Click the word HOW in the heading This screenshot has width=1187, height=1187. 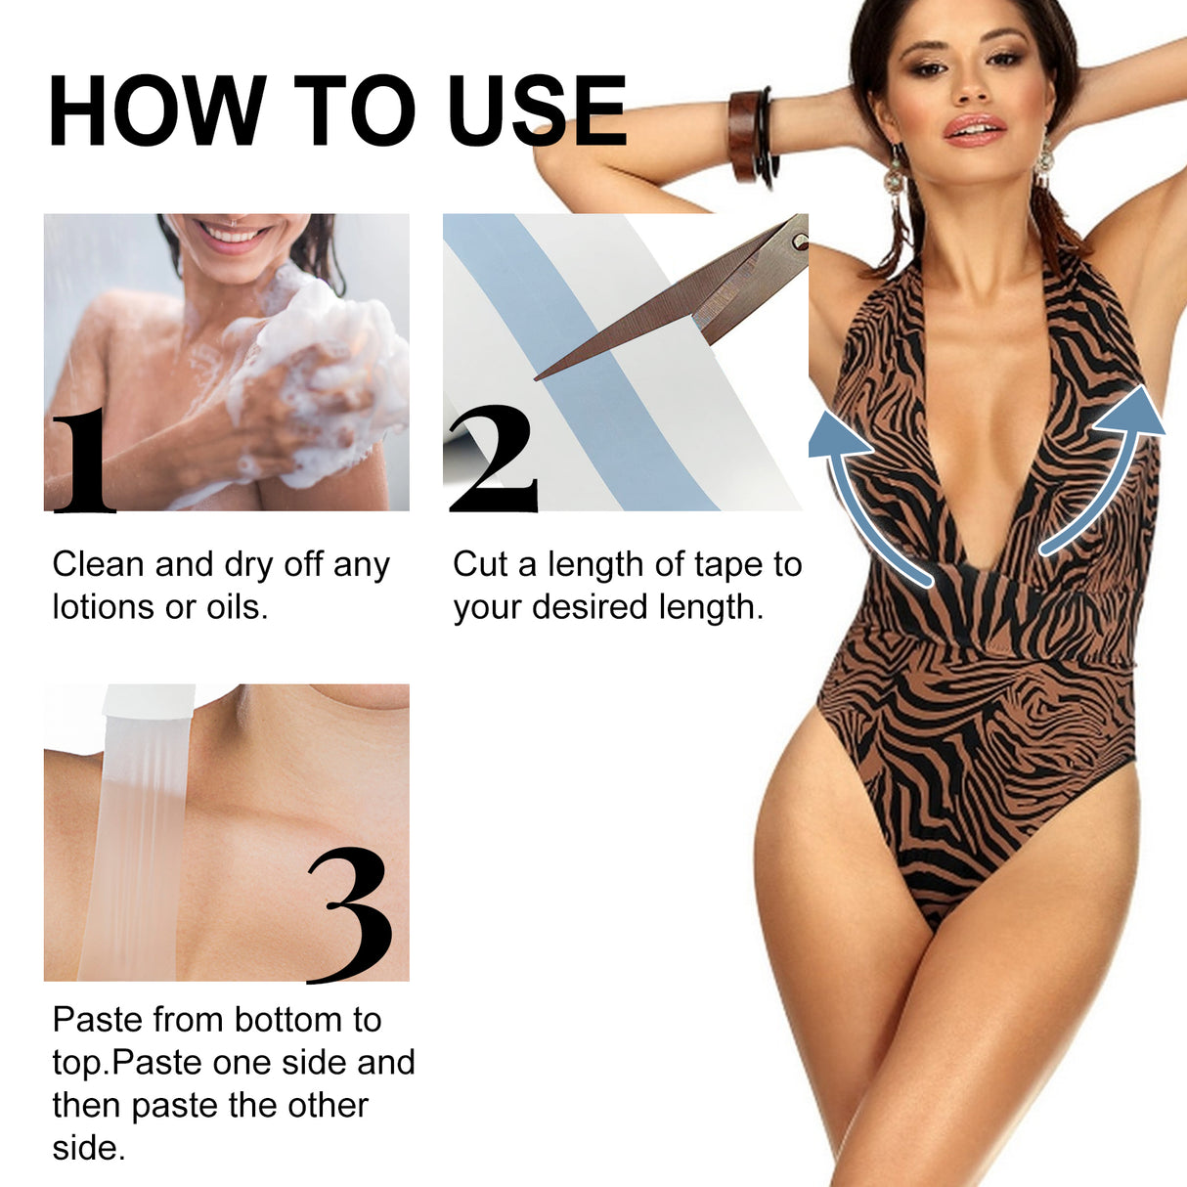click(x=156, y=110)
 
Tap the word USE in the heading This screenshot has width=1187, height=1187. click(x=537, y=110)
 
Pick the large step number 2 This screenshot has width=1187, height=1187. click(x=494, y=460)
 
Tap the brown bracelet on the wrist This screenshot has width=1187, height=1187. click(x=746, y=136)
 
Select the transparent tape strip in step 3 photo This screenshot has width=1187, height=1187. click(x=132, y=841)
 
